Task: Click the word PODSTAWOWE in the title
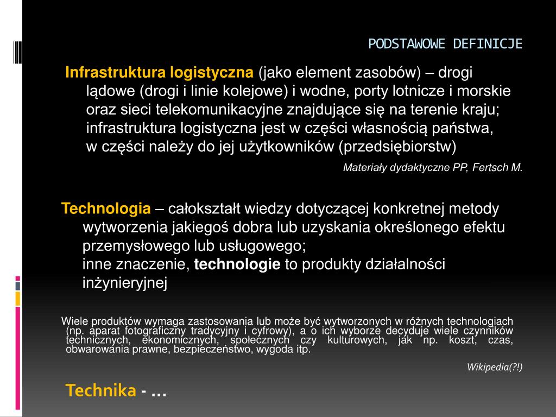tap(407, 44)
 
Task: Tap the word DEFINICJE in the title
tap(488, 44)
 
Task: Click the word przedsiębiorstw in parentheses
tap(397, 147)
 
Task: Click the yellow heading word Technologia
tap(106, 208)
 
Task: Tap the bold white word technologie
tap(237, 264)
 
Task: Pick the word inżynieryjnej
tap(125, 283)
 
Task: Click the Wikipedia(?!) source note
tap(495, 367)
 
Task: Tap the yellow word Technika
tap(100, 390)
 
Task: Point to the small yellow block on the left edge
tap(18, 299)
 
